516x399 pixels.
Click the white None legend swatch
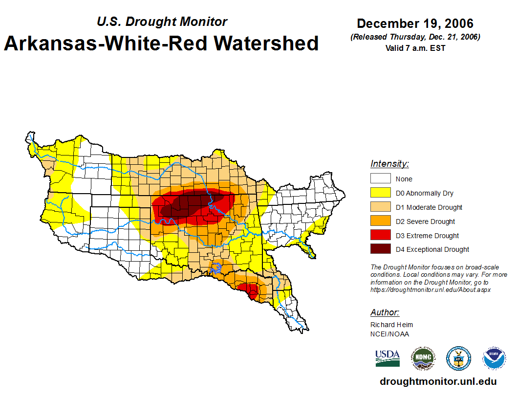[380, 178]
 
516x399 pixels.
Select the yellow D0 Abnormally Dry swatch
[380, 193]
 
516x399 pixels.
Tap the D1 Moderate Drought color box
[380, 207]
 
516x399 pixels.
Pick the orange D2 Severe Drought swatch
[380, 221]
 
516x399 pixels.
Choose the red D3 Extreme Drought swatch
[380, 235]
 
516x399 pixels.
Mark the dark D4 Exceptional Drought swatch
[380, 249]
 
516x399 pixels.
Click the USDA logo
[387, 358]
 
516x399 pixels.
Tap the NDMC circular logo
[423, 358]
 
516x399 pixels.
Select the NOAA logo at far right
[494, 358]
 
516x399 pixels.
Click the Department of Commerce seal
[458, 358]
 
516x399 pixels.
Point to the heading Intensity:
[389, 164]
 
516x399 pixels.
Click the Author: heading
[385, 312]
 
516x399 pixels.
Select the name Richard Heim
[391, 325]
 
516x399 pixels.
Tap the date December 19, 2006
[415, 23]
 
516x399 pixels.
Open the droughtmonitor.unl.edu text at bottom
[438, 381]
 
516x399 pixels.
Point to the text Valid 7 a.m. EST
[415, 48]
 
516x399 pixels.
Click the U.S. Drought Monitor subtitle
[162, 22]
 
